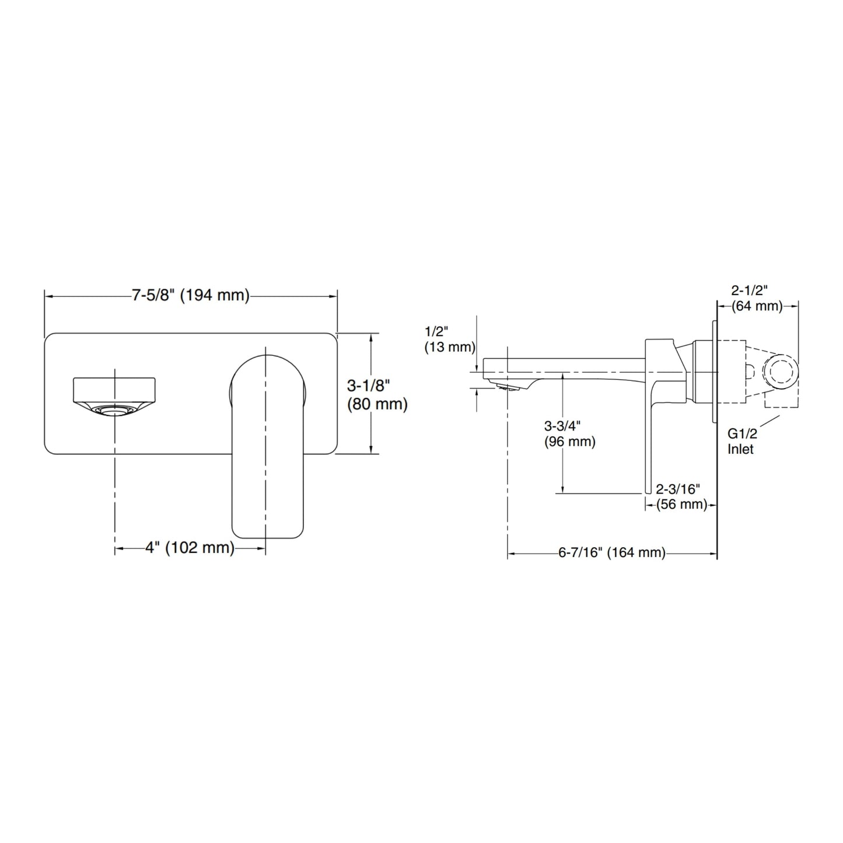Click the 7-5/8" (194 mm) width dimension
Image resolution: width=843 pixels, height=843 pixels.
[191, 296]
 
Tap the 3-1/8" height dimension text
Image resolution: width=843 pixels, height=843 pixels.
[368, 386]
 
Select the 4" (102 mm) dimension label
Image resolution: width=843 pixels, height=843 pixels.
[190, 547]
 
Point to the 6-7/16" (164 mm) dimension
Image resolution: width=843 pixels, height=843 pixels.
[611, 552]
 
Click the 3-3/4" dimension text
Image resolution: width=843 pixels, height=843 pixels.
[562, 426]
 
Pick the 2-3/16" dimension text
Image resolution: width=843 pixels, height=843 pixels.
[678, 489]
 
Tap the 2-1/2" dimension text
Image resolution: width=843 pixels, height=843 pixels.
[750, 290]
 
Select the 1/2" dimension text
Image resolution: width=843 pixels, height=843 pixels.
[436, 331]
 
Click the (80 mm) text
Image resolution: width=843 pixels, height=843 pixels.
[377, 404]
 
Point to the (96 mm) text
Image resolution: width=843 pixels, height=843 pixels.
[569, 442]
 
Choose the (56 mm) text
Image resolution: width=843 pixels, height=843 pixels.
[681, 505]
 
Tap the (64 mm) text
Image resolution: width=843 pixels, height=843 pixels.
[757, 306]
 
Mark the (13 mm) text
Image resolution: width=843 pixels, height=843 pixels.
[450, 347]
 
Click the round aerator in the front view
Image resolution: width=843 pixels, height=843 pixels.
[114, 410]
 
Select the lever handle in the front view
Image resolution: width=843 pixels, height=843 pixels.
[266, 446]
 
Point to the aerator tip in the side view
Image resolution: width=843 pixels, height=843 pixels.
[508, 386]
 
